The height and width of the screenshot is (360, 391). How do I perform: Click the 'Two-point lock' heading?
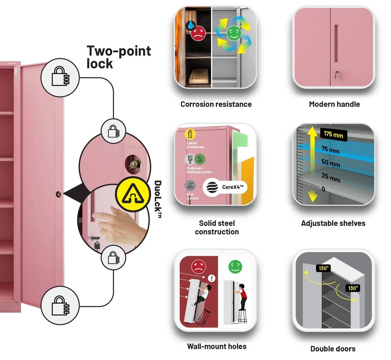click(118, 57)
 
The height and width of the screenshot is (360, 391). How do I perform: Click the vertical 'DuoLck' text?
click(158, 200)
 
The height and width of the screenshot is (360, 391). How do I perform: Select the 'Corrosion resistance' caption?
click(216, 104)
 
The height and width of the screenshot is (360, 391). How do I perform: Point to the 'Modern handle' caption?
click(334, 104)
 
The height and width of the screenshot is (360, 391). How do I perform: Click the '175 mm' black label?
click(333, 135)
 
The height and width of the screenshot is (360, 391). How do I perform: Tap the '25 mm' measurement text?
click(331, 178)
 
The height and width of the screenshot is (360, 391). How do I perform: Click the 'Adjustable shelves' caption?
click(333, 223)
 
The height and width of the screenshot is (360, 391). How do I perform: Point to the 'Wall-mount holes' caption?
click(217, 346)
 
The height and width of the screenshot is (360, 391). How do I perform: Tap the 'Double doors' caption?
click(333, 348)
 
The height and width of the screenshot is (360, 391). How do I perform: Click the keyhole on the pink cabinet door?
click(58, 195)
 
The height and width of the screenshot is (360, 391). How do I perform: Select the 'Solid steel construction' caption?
click(217, 227)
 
